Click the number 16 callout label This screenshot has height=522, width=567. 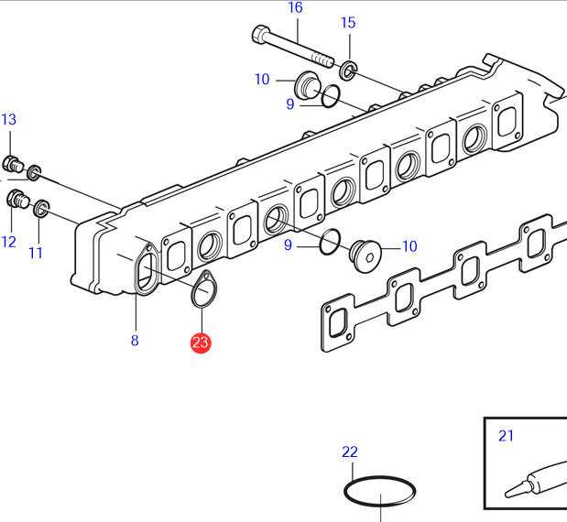pyautogui.click(x=295, y=8)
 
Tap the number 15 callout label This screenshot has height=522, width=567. pyautogui.click(x=348, y=23)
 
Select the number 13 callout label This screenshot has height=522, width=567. pyautogui.click(x=8, y=120)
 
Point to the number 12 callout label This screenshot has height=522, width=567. pyautogui.click(x=8, y=242)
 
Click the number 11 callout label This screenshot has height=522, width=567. pyautogui.click(x=36, y=252)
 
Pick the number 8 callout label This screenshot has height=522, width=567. pyautogui.click(x=135, y=342)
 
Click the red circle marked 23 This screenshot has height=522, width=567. pyautogui.click(x=200, y=343)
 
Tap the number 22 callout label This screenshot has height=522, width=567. pyautogui.click(x=350, y=451)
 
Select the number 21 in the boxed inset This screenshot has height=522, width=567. pyautogui.click(x=507, y=435)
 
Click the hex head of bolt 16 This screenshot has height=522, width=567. pyautogui.click(x=259, y=36)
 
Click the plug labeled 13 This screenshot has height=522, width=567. pyautogui.click(x=13, y=165)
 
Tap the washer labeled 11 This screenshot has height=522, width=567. pyautogui.click(x=41, y=211)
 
